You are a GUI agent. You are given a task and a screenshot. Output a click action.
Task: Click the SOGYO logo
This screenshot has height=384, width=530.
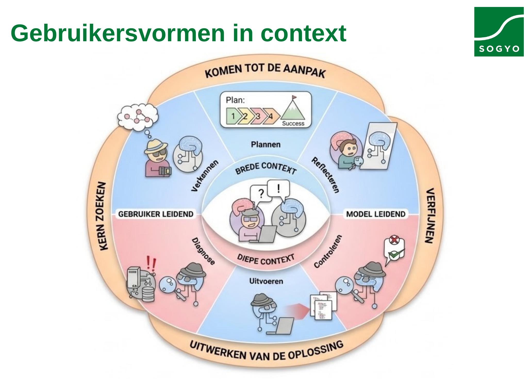pos(499,31)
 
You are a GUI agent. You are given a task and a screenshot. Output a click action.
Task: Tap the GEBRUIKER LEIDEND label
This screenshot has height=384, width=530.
pos(156,214)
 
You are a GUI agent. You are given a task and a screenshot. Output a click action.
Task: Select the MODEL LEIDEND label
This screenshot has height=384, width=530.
pos(376,214)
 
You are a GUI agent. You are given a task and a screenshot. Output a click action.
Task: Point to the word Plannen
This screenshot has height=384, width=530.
pos(266,144)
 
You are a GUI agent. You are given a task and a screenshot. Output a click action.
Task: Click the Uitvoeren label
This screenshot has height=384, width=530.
pos(266,281)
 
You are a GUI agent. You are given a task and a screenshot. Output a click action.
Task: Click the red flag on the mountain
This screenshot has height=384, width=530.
pos(294,98)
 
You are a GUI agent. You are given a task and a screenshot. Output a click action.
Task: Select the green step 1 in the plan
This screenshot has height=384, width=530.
pos(233,116)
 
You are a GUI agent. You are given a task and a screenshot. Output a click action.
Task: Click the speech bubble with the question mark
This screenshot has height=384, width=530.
pos(261,194)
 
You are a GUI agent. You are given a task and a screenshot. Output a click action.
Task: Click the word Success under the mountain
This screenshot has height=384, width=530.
pos(293,124)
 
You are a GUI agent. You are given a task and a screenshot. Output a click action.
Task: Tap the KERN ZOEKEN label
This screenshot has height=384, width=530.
pos(103,216)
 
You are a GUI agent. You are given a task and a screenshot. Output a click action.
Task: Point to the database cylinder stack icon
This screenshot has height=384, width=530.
pos(148,293)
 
